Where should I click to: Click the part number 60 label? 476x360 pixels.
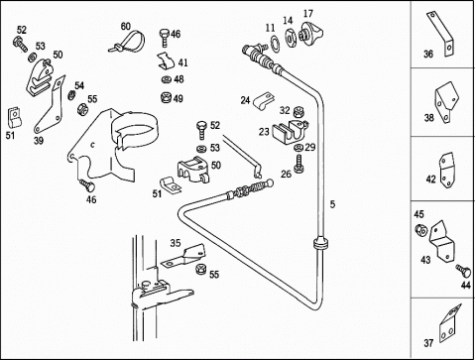[126, 26]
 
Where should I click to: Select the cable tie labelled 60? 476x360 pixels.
[127, 41]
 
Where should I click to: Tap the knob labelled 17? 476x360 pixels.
[310, 33]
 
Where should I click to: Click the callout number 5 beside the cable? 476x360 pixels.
[332, 204]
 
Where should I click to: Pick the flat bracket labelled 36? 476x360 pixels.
[440, 34]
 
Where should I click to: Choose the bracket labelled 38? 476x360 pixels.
[445, 102]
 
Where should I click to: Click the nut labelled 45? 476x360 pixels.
[421, 229]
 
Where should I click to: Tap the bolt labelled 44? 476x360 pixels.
[463, 271]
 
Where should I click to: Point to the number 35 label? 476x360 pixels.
[176, 243]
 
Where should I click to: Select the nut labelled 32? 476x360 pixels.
[298, 112]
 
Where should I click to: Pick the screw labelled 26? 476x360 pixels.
[298, 164]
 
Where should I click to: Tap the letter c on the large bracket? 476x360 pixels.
[93, 145]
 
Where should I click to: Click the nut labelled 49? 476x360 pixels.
[167, 97]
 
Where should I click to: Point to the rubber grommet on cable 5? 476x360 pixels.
[320, 243]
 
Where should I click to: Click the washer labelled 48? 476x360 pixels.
[166, 79]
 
